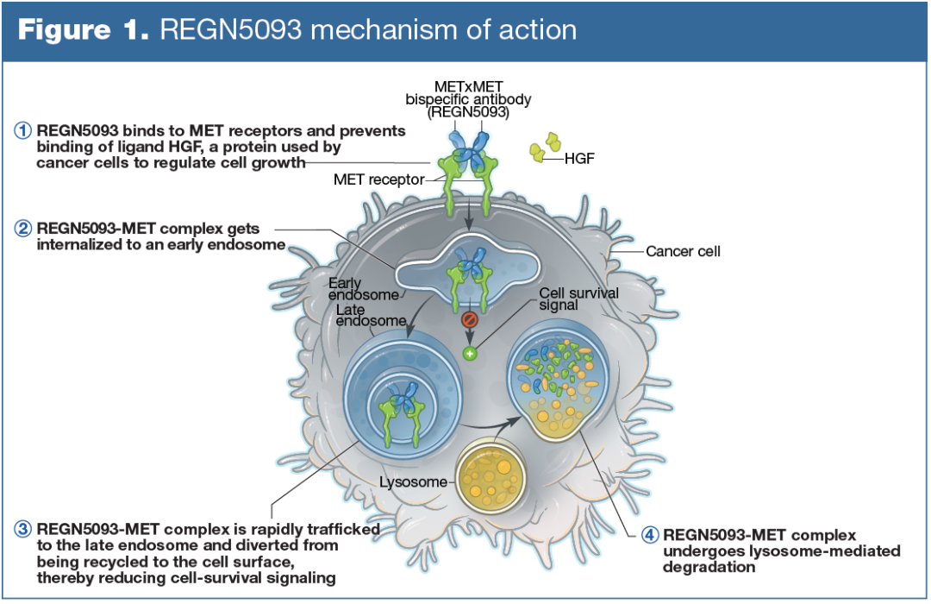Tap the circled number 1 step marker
[x=23, y=131]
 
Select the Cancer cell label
[x=684, y=252]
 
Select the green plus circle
[x=470, y=353]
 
